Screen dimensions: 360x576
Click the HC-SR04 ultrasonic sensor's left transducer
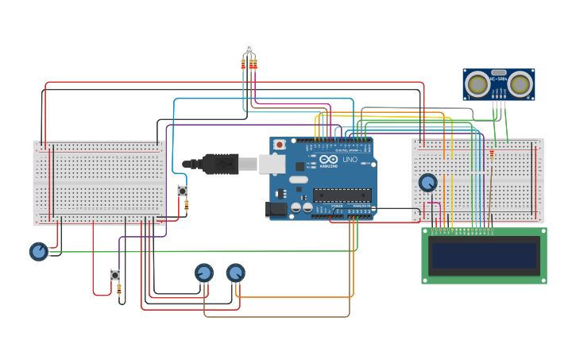click(x=477, y=83)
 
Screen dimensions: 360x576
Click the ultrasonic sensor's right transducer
click(x=520, y=83)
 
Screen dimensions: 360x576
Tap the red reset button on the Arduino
click(x=280, y=145)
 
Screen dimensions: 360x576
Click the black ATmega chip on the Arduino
click(x=342, y=195)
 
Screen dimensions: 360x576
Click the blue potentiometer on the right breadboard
click(x=428, y=183)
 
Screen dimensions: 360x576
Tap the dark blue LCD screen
click(x=484, y=255)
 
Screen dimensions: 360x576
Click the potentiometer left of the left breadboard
click(x=38, y=251)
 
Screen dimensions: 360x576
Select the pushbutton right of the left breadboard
click(x=182, y=191)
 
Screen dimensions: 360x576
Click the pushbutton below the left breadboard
click(x=114, y=275)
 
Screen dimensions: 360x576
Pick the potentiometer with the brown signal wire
click(x=204, y=273)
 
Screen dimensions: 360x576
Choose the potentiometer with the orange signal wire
click(x=235, y=273)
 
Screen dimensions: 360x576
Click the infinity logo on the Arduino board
click(x=326, y=160)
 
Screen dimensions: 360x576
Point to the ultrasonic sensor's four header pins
click(x=499, y=104)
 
